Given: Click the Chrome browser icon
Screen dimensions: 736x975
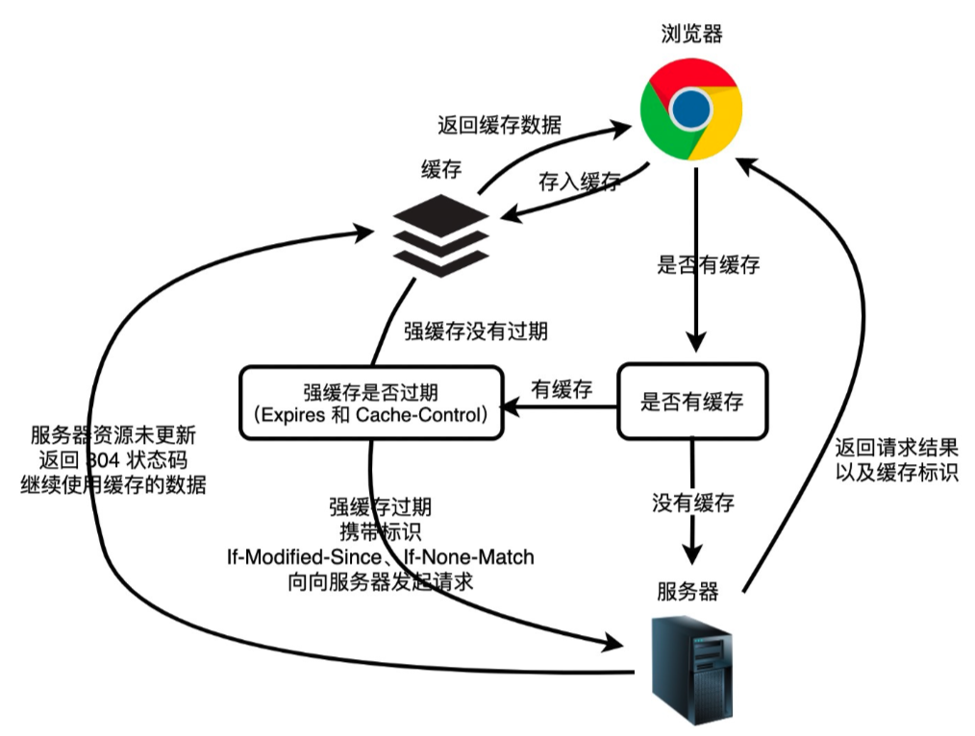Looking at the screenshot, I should [691, 110].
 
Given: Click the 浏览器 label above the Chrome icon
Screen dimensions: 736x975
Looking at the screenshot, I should [691, 35].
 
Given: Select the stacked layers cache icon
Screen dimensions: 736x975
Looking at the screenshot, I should [440, 234].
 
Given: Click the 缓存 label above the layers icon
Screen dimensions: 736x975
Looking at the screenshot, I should [441, 170].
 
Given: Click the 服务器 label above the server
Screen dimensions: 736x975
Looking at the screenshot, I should [687, 591].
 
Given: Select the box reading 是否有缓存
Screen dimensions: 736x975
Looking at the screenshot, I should [691, 402].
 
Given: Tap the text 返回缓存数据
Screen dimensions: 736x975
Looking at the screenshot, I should [500, 125].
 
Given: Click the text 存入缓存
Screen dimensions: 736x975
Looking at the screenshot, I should [579, 182].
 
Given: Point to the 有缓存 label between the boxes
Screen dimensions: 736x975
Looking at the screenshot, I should [562, 388].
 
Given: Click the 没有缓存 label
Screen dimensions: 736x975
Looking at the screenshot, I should [693, 502].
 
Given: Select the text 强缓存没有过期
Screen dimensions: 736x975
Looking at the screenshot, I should [476, 331].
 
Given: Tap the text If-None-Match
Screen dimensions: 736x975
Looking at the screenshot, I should [466, 556].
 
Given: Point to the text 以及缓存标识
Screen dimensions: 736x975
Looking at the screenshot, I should [896, 472].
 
